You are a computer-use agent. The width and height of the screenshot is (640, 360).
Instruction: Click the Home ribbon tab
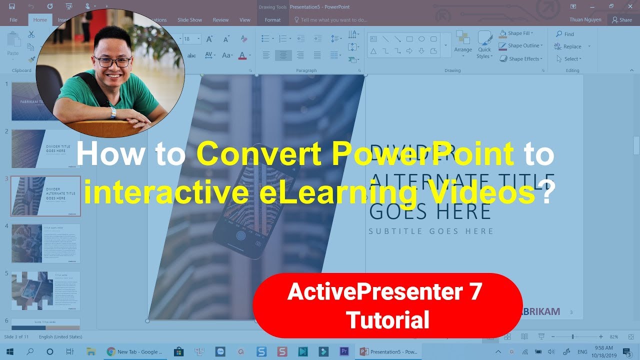pyautogui.click(x=40, y=20)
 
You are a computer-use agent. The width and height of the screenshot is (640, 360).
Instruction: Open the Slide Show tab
pyautogui.click(x=189, y=20)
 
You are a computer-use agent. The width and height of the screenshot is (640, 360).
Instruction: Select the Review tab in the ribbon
pyautogui.click(x=220, y=20)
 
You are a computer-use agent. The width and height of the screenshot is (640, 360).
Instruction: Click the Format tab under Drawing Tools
pyautogui.click(x=272, y=20)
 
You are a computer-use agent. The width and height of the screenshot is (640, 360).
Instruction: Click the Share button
pyautogui.click(x=622, y=20)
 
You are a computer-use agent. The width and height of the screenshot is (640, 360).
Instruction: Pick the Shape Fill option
pyautogui.click(x=516, y=33)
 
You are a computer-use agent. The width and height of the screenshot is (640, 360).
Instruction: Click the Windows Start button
pyautogui.click(x=9, y=351)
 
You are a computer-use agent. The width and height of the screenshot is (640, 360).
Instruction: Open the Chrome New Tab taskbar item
pyautogui.click(x=134, y=351)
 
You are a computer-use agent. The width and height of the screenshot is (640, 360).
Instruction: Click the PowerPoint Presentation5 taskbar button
pyautogui.click(x=389, y=351)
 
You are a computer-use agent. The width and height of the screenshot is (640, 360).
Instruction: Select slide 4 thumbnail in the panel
pyautogui.click(x=45, y=243)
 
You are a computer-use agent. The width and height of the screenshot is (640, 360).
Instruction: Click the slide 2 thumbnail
pyautogui.click(x=45, y=148)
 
